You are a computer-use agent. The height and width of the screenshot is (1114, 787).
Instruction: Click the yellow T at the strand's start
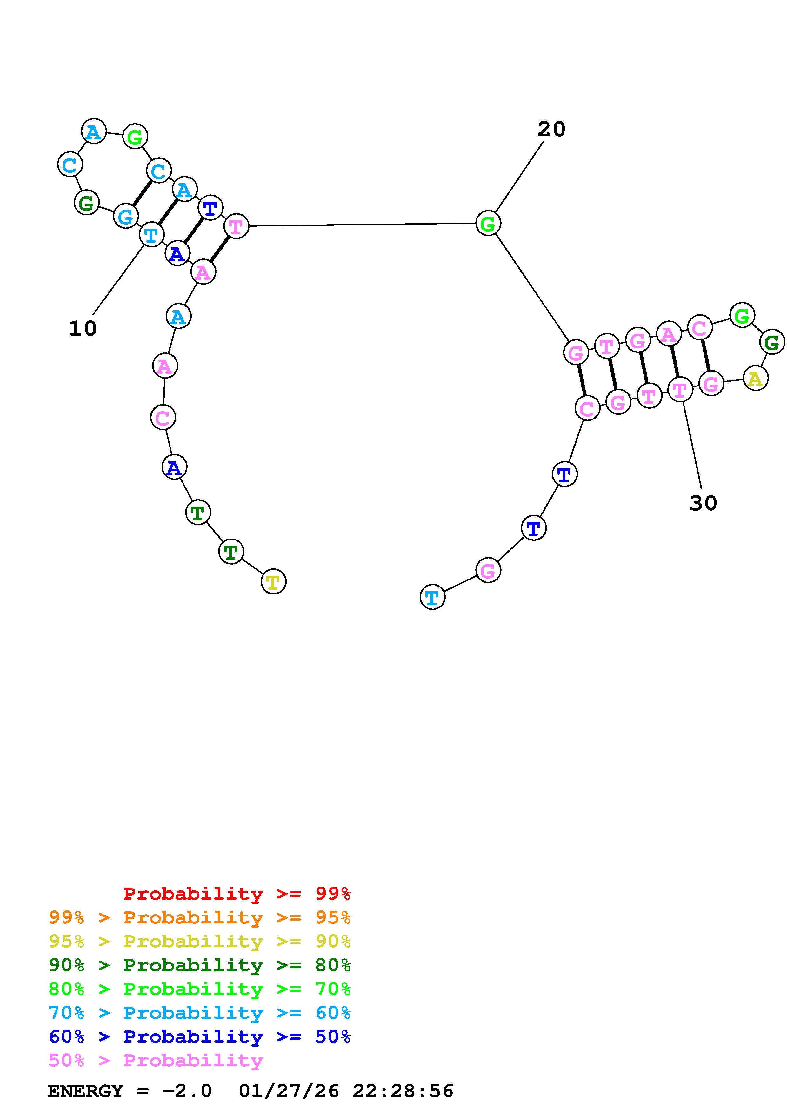pyautogui.click(x=273, y=582)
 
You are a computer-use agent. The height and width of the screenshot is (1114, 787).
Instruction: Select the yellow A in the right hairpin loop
pyautogui.click(x=755, y=379)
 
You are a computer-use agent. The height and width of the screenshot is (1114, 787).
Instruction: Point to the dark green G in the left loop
pyautogui.click(x=86, y=203)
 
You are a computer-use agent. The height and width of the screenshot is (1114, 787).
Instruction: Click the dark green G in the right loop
pyautogui.click(x=771, y=343)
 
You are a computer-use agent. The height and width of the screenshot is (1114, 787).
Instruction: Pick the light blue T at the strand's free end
pyautogui.click(x=432, y=597)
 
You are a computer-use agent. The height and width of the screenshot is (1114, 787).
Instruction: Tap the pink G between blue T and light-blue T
pyautogui.click(x=488, y=571)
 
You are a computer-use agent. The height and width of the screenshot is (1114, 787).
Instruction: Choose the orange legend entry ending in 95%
pyautogui.click(x=200, y=917)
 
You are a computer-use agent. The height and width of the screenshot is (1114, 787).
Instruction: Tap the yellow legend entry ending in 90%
pyautogui.click(x=200, y=941)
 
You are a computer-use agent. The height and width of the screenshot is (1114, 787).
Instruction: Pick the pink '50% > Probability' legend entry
pyautogui.click(x=156, y=1060)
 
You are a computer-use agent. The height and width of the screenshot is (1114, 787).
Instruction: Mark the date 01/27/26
pyautogui.click(x=289, y=1091)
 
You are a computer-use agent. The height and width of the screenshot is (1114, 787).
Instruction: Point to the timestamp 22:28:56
pyautogui.click(x=403, y=1091)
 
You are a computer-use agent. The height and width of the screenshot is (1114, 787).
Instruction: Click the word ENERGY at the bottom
pyautogui.click(x=85, y=1091)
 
